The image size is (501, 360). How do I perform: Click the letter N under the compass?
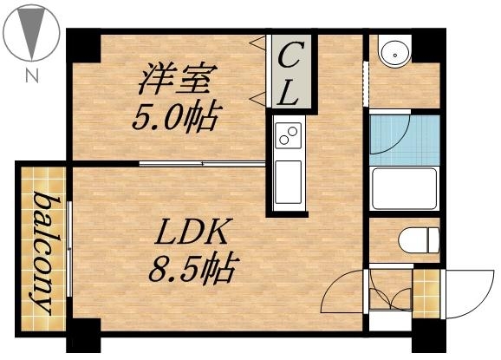click(x=32, y=75)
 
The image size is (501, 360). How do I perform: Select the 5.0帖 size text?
click(x=173, y=115)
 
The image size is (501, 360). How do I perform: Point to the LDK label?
click(x=192, y=233)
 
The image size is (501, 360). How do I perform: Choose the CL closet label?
click(x=290, y=74)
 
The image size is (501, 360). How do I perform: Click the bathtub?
click(x=405, y=189)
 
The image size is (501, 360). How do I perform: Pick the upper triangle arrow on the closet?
click(x=257, y=41)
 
